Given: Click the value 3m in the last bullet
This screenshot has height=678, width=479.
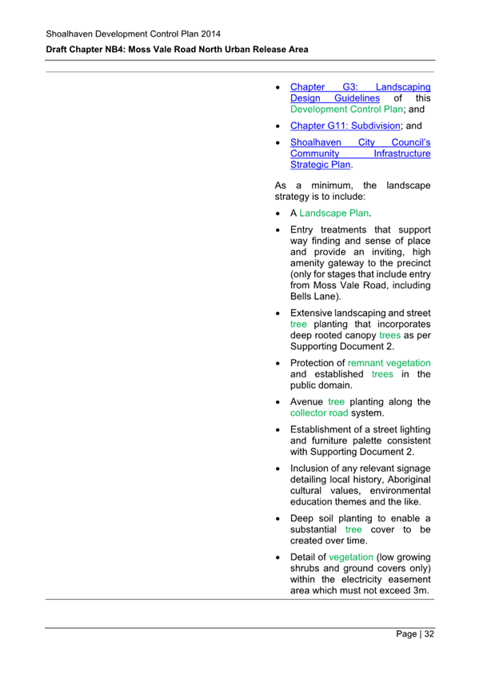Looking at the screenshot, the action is [x=421, y=590].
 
